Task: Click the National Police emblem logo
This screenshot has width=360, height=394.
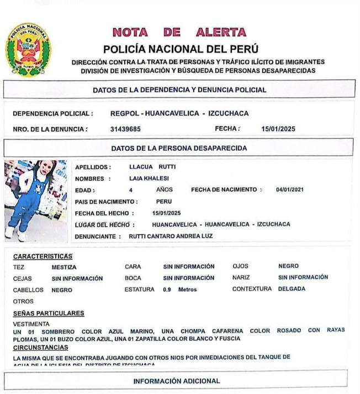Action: (x=27, y=50)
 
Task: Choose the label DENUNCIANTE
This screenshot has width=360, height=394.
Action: (x=95, y=236)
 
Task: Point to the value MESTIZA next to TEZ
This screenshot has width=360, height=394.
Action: (x=64, y=267)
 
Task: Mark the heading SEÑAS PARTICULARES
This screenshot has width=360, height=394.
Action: (x=48, y=313)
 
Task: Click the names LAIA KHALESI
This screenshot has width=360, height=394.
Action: (x=149, y=178)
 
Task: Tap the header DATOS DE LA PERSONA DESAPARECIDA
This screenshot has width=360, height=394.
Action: (x=179, y=148)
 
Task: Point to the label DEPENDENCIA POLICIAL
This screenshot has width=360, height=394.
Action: (x=52, y=114)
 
